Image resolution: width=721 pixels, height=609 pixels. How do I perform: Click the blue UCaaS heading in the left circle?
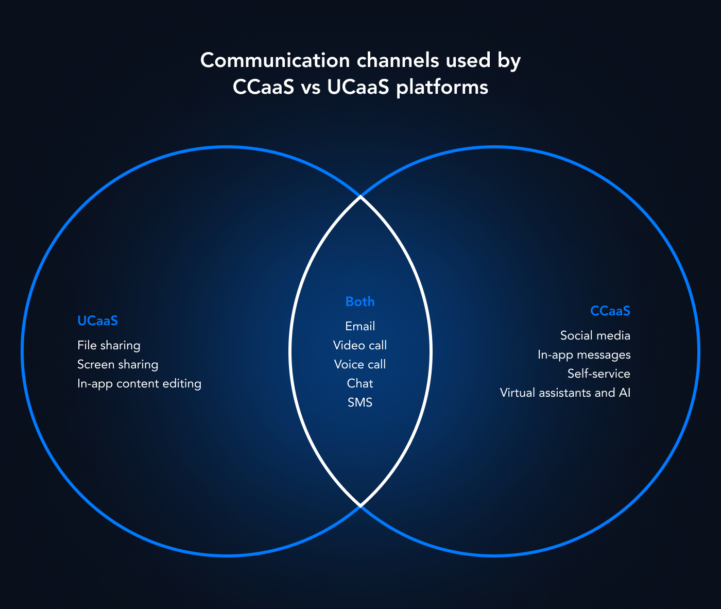click(x=97, y=320)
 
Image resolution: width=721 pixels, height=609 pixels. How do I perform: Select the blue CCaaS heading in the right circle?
click(x=610, y=311)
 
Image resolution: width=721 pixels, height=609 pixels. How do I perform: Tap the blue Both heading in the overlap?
click(x=360, y=301)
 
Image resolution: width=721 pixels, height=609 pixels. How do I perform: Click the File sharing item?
click(x=109, y=345)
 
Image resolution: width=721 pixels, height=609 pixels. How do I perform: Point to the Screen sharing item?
click(x=117, y=364)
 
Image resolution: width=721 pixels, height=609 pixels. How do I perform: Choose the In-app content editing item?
click(x=139, y=383)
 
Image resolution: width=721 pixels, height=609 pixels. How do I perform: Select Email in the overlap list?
click(x=360, y=326)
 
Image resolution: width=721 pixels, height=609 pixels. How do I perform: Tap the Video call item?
click(x=360, y=345)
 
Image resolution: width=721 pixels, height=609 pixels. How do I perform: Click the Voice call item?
click(x=360, y=364)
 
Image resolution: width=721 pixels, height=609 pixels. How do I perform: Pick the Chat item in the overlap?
click(x=360, y=383)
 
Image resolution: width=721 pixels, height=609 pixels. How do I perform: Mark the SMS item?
click(x=360, y=402)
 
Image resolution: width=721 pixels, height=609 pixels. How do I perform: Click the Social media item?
click(x=595, y=335)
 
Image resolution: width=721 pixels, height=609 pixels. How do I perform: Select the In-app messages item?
click(x=583, y=354)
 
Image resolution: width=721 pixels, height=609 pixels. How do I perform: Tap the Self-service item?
click(x=598, y=374)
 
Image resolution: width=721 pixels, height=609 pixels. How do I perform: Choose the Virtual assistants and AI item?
click(x=565, y=393)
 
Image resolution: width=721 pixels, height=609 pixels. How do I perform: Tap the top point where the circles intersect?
click(x=360, y=197)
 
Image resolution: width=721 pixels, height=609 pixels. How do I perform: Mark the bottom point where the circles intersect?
click(x=360, y=506)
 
